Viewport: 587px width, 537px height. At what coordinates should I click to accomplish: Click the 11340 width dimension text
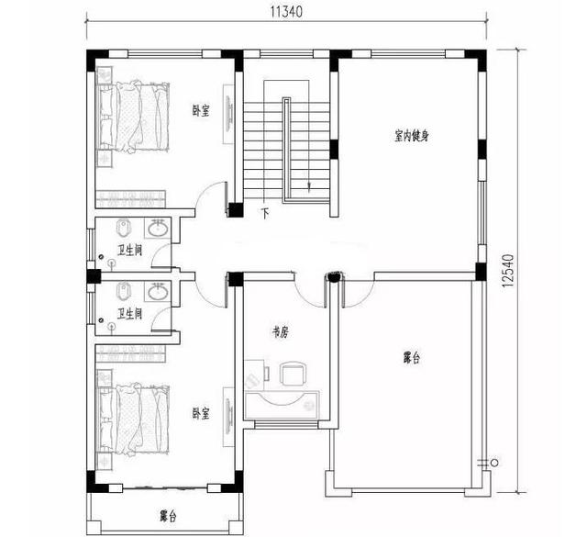[286, 13]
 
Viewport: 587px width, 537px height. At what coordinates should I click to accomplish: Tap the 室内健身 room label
[412, 136]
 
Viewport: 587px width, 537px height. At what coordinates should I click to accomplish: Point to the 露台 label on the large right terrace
[412, 357]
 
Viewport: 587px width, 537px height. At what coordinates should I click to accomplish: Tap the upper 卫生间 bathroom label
[129, 250]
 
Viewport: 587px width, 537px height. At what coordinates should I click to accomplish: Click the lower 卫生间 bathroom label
[129, 314]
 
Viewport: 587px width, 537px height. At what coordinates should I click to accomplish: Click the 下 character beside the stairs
[265, 214]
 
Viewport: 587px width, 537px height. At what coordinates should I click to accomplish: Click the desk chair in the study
[293, 374]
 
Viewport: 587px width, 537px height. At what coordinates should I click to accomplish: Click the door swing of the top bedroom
[211, 197]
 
